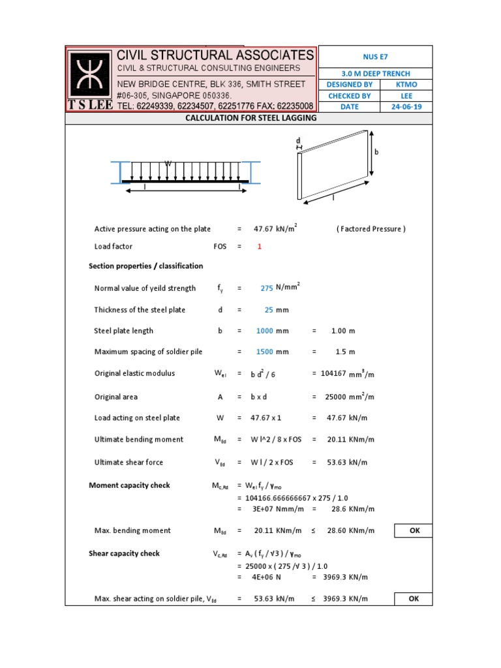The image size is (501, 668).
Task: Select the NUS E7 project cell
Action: [374, 57]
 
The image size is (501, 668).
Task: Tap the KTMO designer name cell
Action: [406, 85]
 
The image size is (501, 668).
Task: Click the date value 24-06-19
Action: [406, 107]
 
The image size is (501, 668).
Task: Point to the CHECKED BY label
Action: [349, 96]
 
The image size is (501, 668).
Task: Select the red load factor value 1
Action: [259, 247]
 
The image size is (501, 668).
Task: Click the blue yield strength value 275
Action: [266, 288]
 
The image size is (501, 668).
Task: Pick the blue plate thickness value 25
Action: [268, 310]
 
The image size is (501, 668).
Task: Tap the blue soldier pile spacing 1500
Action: [264, 352]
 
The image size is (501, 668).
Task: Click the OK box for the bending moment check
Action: [414, 531]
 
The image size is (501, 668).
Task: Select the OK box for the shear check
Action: [414, 599]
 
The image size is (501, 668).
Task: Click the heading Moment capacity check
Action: [129, 485]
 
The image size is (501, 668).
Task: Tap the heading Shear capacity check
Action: [124, 554]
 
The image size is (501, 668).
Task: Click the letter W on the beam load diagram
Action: [168, 164]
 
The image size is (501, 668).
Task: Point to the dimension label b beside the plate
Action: [376, 151]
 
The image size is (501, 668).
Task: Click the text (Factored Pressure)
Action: [371, 229]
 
